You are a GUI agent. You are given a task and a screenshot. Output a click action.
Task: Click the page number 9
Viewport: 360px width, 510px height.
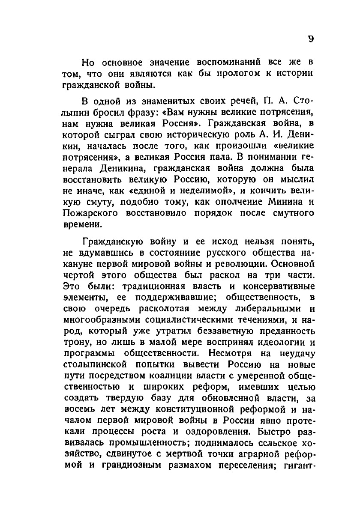coord(311,39)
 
